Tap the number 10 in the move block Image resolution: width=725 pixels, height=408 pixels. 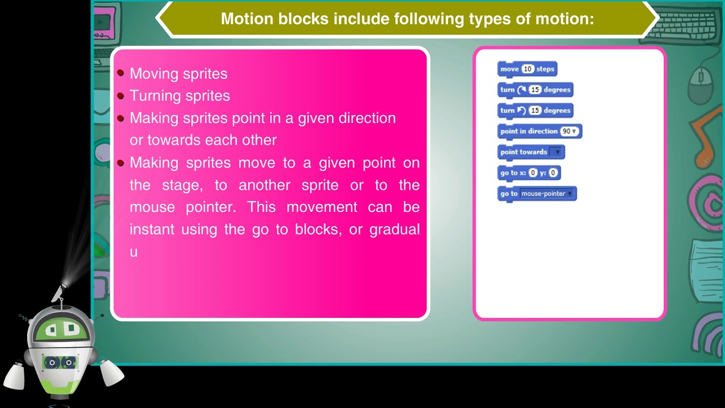click(527, 69)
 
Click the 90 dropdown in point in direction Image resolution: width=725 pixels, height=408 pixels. click(569, 131)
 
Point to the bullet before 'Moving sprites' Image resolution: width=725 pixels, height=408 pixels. click(121, 73)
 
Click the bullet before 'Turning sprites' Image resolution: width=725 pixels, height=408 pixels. click(121, 95)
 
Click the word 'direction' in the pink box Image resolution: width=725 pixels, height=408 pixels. click(367, 118)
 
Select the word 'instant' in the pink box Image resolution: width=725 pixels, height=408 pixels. click(152, 229)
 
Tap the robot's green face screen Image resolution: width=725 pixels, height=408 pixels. click(62, 329)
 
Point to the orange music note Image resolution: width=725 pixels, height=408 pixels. click(708, 133)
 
